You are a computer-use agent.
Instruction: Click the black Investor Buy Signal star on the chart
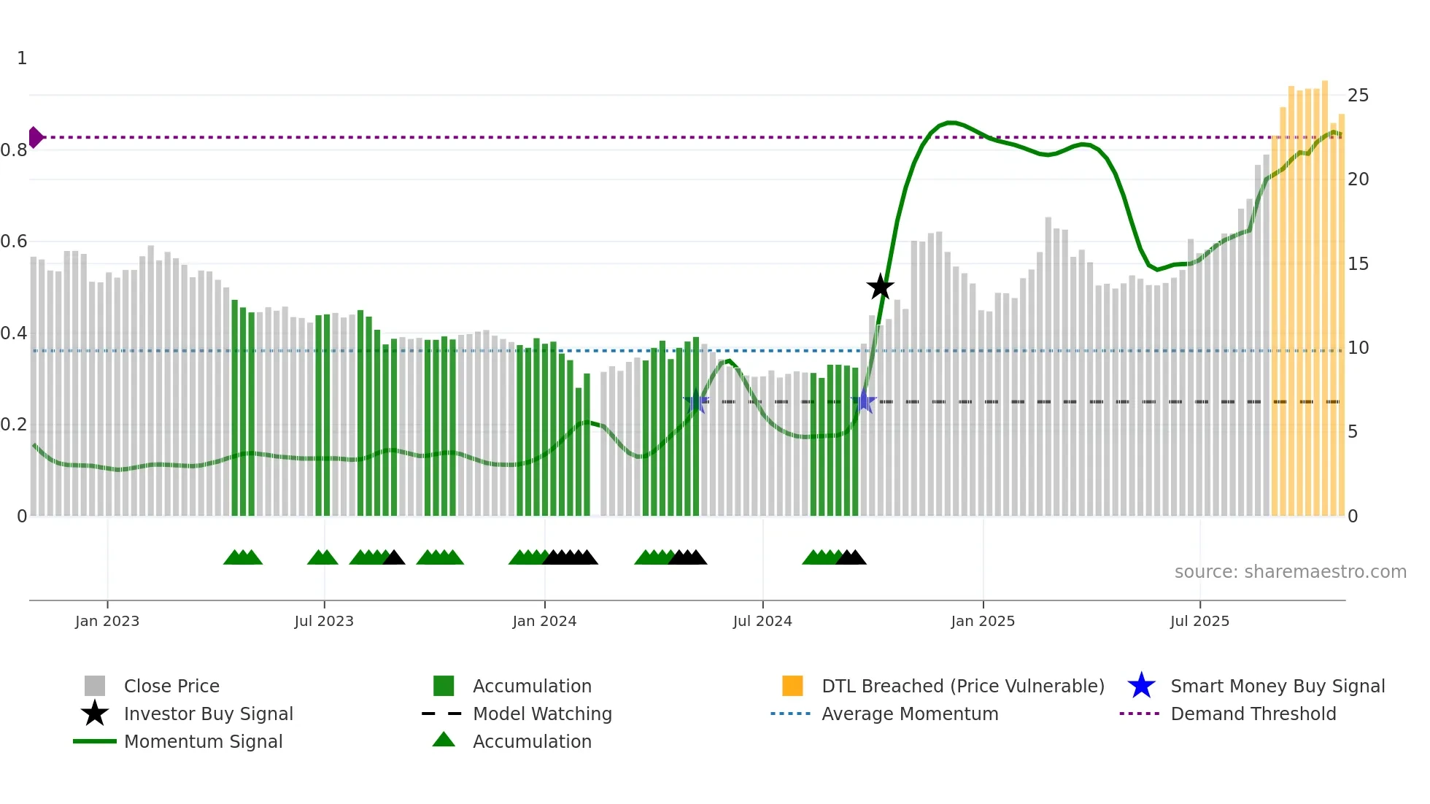880,287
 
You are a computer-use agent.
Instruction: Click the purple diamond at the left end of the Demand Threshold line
35,137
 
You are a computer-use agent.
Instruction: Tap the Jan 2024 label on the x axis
544,621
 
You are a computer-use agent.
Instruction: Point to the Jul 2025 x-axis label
1199,621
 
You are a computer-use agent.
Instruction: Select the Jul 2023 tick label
324,621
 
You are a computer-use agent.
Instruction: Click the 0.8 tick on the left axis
14,150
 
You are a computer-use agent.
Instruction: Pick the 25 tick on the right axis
1358,96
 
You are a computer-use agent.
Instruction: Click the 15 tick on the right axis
1358,264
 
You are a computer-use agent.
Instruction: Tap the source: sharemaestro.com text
1290,572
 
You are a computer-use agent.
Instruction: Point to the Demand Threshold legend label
1253,714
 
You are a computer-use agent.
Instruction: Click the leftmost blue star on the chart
696,402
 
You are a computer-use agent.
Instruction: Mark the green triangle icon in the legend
444,740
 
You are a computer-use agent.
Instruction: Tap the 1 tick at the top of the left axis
22,58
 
